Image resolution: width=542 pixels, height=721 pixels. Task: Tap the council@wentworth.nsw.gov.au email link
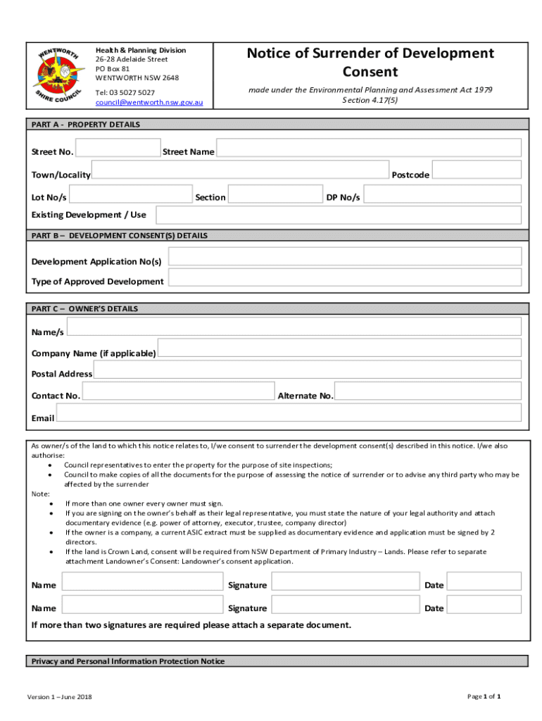tap(149, 103)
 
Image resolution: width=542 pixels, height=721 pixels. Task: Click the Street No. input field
tap(118, 148)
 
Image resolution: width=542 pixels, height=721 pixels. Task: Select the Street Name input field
tap(368, 148)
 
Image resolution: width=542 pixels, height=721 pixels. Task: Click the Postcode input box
tap(477, 170)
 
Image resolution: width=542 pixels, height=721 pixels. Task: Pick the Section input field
tap(275, 194)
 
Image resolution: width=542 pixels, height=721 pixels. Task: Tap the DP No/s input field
tap(442, 194)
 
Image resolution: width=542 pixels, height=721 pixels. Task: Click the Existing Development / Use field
tap(338, 215)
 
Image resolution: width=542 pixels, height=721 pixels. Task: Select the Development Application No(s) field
tap(345, 257)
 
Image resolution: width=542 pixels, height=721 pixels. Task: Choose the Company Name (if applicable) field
tap(339, 348)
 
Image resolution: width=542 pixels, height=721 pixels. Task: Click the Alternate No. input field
tap(428, 391)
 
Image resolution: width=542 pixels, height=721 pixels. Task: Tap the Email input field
tap(289, 413)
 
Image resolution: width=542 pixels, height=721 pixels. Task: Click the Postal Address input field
tap(307, 370)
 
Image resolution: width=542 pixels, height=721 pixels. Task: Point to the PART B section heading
tap(120, 236)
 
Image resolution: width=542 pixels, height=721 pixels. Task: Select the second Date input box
tap(484, 605)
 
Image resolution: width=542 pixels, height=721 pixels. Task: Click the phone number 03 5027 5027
tap(125, 92)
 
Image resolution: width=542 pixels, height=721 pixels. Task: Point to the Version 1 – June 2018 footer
tap(60, 697)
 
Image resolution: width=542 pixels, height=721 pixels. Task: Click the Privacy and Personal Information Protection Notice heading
tap(128, 661)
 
